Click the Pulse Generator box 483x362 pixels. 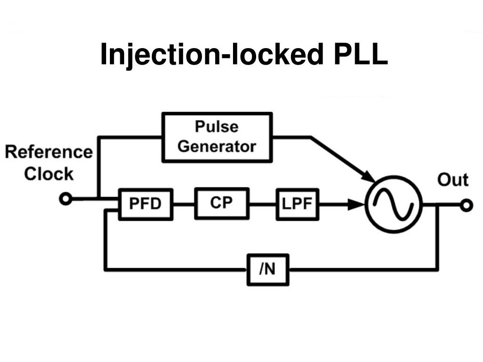coord(217,137)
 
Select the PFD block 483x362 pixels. coord(145,204)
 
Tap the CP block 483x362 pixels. coord(221,204)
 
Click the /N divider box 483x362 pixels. coord(267,270)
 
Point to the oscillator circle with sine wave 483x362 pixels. coord(393,204)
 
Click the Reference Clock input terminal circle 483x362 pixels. coord(66,199)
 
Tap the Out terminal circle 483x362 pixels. coord(466,205)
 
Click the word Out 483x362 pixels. coord(452,180)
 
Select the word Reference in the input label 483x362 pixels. coord(49,152)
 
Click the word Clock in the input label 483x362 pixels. coord(49,174)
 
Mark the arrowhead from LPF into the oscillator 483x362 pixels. coord(356,205)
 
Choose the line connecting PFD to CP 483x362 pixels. coord(183,204)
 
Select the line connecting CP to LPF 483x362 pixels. coord(262,204)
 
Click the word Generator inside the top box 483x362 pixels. coord(217,146)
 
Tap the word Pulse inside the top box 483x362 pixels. coord(217,127)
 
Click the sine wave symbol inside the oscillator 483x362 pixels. coord(393,205)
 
